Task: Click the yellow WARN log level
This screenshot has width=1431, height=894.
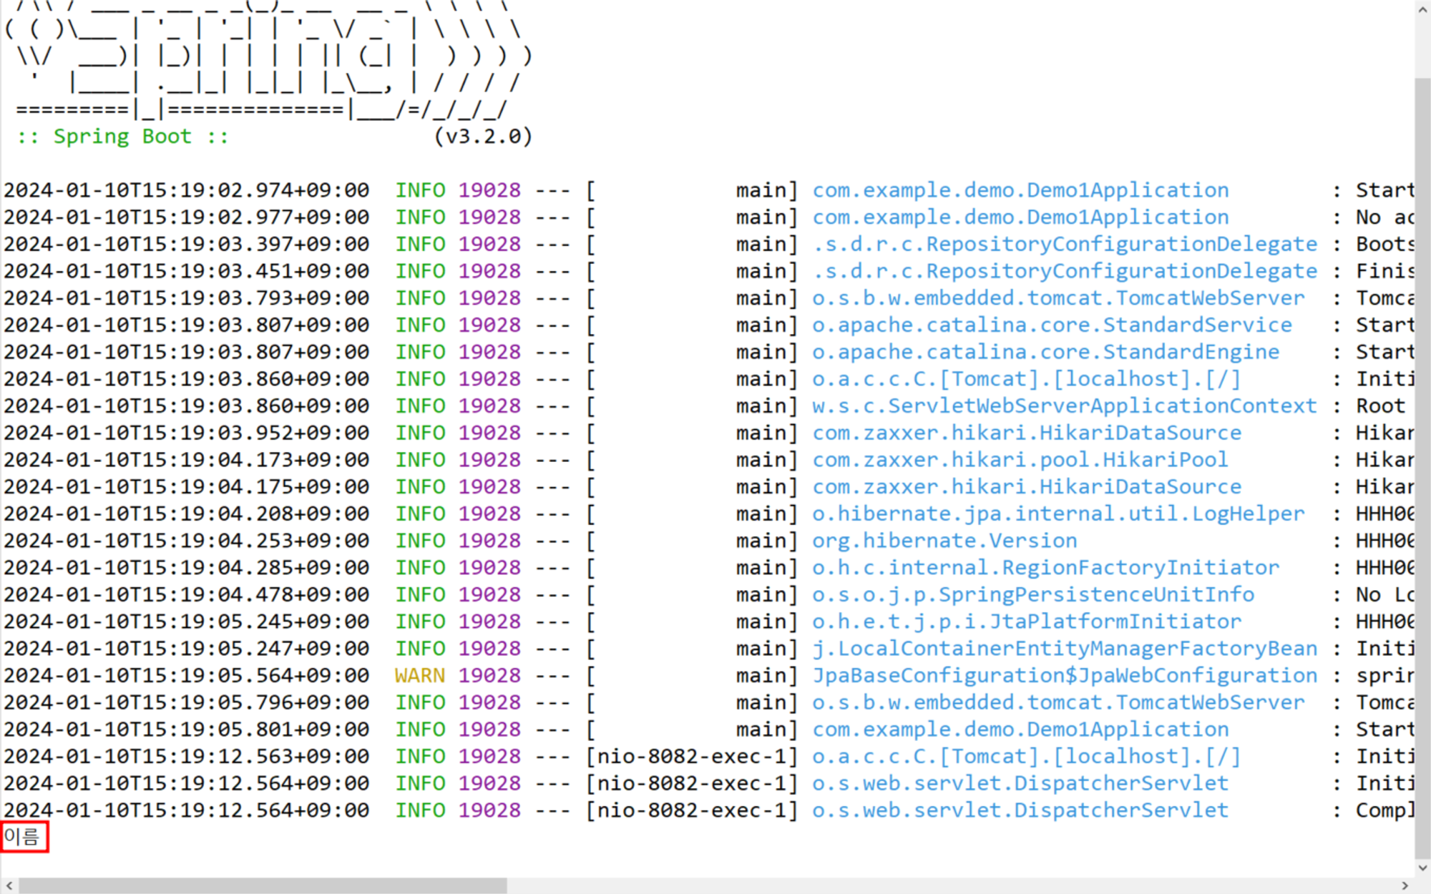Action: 419,675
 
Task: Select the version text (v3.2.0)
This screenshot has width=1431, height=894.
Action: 483,136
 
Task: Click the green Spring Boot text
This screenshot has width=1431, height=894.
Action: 122,136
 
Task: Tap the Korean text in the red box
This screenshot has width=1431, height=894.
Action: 23,836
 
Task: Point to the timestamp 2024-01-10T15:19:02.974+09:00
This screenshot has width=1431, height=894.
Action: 186,190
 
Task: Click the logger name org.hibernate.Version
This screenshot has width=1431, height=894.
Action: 944,541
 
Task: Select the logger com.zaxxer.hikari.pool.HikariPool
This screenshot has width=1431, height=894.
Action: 1020,460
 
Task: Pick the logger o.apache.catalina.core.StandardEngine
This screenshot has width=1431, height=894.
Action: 1045,352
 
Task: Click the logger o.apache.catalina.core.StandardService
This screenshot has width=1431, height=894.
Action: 1052,325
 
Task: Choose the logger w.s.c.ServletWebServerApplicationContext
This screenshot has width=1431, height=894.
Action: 1064,406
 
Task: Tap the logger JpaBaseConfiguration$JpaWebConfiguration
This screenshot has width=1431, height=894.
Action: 1064,675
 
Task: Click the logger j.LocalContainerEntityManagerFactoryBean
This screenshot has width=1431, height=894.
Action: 1064,649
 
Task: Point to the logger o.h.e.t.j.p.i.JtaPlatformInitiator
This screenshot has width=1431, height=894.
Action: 1026,622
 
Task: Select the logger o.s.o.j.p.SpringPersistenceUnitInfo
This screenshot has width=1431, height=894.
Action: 1032,594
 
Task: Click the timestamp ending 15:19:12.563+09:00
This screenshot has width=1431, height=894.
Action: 186,756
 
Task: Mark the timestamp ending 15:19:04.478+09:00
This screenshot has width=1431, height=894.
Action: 186,594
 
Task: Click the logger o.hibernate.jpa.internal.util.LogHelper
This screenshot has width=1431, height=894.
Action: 1058,514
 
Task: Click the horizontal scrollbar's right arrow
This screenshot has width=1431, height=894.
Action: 1405,885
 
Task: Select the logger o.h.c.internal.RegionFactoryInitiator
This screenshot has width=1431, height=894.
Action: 1045,568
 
